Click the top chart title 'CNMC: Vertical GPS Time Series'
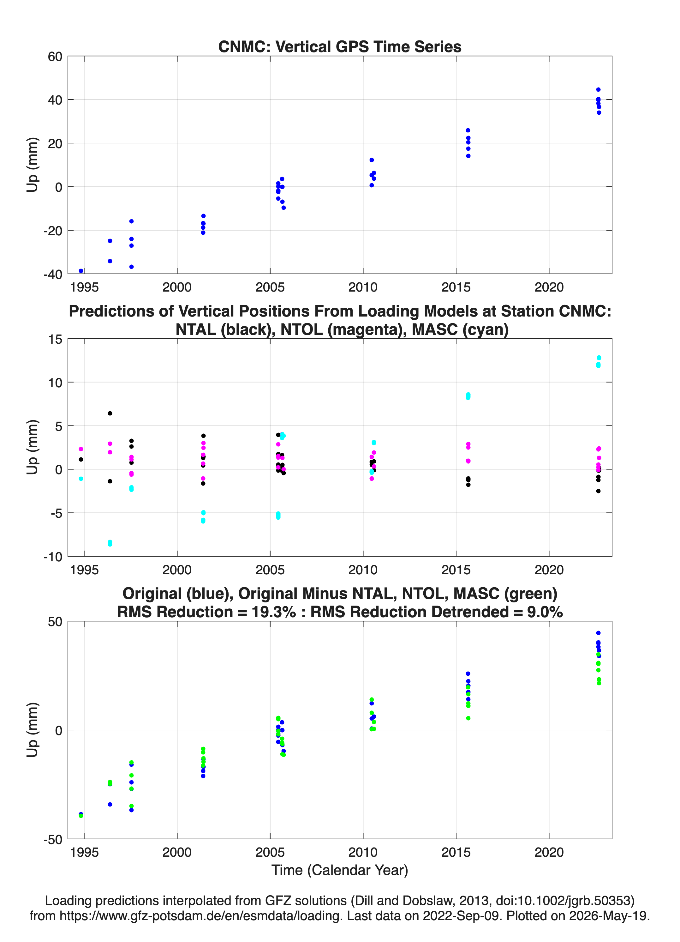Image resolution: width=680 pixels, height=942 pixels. [340, 46]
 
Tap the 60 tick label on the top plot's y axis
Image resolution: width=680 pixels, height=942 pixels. [55, 57]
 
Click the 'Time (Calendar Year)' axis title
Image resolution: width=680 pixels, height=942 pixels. [340, 870]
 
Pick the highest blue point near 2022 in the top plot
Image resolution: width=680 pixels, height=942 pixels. [598, 90]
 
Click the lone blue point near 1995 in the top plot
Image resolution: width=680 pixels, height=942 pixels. [81, 271]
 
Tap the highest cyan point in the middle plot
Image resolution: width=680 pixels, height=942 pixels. [599, 358]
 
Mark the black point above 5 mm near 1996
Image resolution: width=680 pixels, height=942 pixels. [110, 413]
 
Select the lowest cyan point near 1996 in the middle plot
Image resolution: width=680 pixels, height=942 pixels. [110, 544]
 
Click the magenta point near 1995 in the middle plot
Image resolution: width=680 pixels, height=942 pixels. [81, 449]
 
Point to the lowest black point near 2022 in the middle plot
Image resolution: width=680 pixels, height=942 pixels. [598, 491]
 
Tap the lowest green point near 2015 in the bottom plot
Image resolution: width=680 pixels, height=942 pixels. [468, 718]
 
